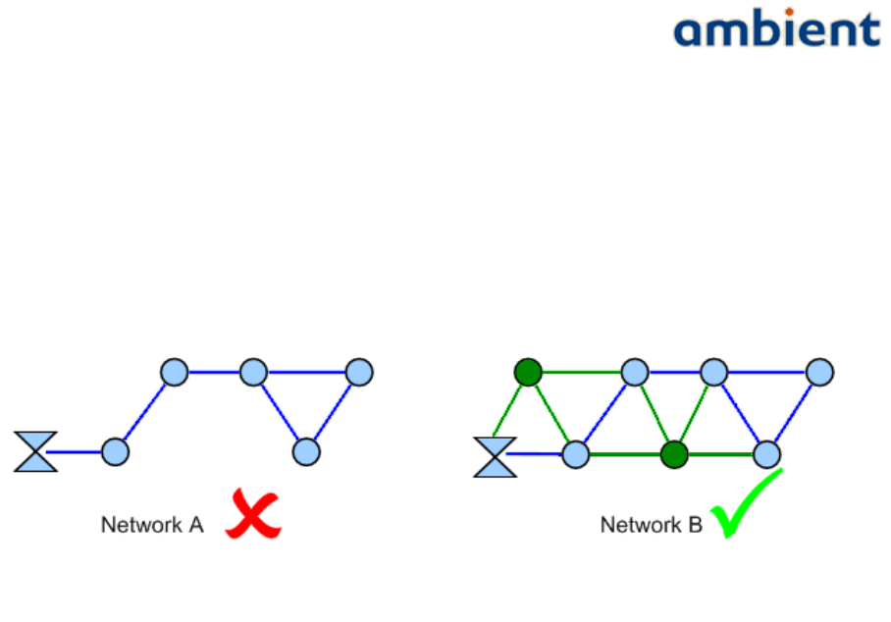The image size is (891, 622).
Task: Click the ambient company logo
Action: click(x=776, y=29)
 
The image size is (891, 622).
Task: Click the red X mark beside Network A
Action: click(x=253, y=514)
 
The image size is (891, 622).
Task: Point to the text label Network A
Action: click(x=151, y=525)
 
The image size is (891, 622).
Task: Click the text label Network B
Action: click(x=651, y=525)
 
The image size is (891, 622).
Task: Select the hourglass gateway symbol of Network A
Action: click(x=35, y=451)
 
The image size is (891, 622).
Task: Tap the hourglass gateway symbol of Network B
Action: click(x=495, y=456)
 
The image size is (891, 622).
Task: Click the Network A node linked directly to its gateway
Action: click(x=115, y=451)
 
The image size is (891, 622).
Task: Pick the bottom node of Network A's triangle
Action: click(x=306, y=451)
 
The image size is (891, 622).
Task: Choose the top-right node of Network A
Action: click(x=359, y=372)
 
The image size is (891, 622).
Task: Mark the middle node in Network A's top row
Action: click(x=253, y=372)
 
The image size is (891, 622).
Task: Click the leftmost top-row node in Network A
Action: click(x=174, y=372)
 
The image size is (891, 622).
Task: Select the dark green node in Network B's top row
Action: click(x=528, y=372)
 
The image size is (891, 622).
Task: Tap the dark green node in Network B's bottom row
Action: click(x=672, y=454)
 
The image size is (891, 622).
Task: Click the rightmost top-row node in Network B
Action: click(x=819, y=372)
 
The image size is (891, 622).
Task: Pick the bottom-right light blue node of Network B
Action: click(x=766, y=454)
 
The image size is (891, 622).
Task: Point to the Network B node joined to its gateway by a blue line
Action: click(x=575, y=454)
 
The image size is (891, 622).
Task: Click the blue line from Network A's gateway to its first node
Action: click(x=78, y=451)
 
